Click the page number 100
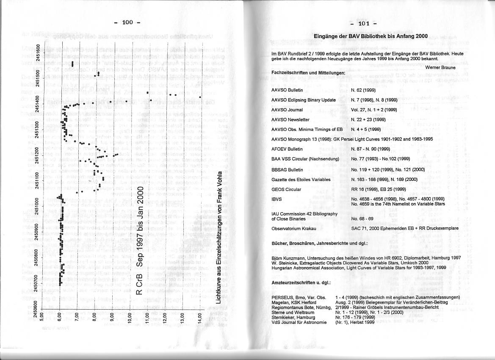point(127,22)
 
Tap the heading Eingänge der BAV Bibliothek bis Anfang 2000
point(365,36)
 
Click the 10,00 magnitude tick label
point(130,316)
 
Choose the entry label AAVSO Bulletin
point(287,90)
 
